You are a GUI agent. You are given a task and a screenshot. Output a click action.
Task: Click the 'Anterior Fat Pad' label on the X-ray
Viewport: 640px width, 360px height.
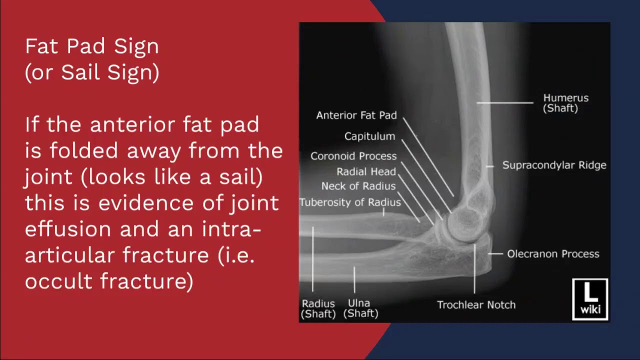pos(356,115)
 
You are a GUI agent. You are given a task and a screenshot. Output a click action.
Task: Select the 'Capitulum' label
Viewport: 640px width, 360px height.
pos(369,136)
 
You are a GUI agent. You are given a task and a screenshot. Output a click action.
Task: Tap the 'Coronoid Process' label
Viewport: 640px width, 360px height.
pos(353,156)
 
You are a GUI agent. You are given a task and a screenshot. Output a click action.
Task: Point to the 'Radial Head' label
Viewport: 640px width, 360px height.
pos(366,171)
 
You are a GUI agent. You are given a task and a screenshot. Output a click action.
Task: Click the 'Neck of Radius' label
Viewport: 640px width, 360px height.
pos(358,186)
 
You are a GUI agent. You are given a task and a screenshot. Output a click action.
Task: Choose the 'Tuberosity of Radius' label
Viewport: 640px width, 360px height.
pos(350,202)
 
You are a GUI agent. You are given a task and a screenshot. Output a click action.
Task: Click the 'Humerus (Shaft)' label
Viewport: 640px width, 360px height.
pos(565,103)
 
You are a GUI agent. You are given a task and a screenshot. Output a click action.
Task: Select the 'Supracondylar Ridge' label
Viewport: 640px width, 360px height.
pos(554,165)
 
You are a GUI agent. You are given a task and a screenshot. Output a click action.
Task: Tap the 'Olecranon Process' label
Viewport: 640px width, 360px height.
pos(553,254)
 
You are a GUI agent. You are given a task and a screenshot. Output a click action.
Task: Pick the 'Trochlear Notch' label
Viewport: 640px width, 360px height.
pos(476,305)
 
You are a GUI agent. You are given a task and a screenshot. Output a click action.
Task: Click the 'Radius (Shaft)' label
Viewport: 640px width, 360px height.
pos(318,308)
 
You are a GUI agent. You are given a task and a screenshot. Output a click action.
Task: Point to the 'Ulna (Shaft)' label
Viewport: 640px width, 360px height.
pos(361,308)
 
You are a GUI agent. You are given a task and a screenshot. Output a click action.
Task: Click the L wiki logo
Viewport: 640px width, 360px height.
pos(590,299)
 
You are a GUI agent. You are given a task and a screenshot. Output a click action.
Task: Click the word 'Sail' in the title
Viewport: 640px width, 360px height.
pos(80,72)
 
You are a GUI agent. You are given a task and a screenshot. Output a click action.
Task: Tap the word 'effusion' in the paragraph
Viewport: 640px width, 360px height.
pos(67,228)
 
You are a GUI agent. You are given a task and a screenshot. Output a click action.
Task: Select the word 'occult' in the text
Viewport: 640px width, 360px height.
pos(58,281)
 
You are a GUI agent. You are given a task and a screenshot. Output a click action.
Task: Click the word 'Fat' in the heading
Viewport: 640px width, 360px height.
pos(41,46)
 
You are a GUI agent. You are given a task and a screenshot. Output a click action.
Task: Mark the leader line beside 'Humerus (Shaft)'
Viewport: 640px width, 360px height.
pos(505,103)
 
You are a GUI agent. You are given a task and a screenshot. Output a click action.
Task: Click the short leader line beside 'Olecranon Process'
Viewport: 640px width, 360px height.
pos(495,253)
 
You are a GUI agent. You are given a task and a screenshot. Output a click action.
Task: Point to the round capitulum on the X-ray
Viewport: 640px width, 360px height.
pos(465,224)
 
